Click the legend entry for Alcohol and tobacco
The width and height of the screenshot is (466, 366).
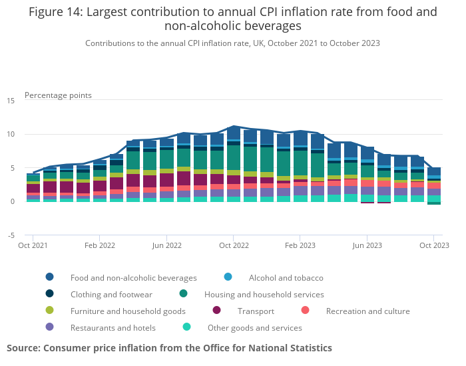point(286,277)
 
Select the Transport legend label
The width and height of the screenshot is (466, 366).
point(256,311)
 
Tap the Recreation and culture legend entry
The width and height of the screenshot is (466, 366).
point(367,311)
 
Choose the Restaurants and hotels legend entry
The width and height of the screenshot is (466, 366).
point(113,327)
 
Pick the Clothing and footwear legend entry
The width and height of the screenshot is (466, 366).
point(111,294)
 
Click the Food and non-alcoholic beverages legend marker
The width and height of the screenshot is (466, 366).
point(50,277)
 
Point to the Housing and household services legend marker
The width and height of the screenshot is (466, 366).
point(184,294)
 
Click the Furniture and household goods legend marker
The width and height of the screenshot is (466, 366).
point(50,311)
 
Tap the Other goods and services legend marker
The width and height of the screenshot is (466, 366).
point(187,327)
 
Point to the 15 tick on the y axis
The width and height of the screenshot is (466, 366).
point(11,101)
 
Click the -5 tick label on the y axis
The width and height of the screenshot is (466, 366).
point(11,235)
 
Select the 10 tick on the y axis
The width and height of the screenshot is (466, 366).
point(11,135)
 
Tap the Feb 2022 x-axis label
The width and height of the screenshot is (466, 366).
point(100,245)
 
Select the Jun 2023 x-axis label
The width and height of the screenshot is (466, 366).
point(367,245)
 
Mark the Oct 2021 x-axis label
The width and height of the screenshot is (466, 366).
point(33,245)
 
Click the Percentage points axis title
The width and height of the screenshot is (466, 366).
point(58,95)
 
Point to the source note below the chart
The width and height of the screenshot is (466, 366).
point(169,348)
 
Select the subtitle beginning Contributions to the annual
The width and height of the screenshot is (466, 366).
point(232,43)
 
